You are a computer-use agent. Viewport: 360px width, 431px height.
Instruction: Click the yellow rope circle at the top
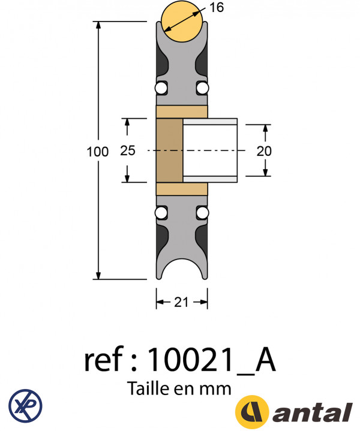(x=182, y=22)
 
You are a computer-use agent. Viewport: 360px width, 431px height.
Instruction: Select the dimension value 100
(x=98, y=152)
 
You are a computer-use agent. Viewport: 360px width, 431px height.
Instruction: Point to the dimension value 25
(x=128, y=151)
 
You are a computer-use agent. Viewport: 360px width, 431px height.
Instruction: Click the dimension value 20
(x=264, y=151)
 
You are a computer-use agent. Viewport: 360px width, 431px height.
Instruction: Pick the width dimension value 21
(x=182, y=303)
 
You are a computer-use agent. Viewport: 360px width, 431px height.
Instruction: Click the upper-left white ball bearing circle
(x=161, y=89)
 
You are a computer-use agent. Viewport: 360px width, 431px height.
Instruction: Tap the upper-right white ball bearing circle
(x=203, y=89)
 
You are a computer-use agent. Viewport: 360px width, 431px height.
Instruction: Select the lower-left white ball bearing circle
(x=161, y=213)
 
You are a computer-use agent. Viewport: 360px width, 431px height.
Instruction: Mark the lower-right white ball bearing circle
(x=203, y=213)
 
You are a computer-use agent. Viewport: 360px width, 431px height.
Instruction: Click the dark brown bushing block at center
(x=169, y=150)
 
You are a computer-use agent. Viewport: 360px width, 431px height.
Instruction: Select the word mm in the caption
(x=218, y=389)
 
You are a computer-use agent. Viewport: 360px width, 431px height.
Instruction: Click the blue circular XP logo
(x=26, y=403)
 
